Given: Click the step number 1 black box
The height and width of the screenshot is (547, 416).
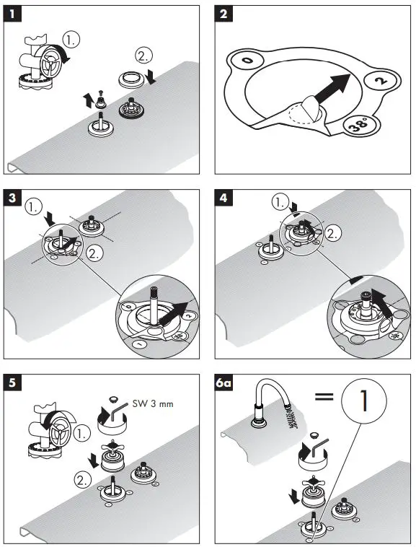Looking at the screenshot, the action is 12,14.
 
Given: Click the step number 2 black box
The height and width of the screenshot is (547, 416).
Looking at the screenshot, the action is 224,14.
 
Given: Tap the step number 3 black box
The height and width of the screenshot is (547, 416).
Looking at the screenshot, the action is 12,198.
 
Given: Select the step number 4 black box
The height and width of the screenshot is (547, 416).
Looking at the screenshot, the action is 224,198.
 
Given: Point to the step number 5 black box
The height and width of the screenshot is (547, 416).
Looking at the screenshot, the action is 12,382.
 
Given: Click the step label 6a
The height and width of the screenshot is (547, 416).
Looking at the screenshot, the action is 224,382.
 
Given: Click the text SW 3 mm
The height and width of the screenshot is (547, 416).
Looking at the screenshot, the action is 153,404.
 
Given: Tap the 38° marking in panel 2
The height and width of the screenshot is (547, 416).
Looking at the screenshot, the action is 360,125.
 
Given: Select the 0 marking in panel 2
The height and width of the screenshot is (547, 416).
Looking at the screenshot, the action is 247,61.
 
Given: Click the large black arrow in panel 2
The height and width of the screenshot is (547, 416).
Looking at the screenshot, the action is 331,87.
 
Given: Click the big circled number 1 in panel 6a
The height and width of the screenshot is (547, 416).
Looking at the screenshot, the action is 364,401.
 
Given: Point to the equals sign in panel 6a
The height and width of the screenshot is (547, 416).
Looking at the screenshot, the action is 324,396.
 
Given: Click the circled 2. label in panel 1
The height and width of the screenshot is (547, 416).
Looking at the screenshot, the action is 143,56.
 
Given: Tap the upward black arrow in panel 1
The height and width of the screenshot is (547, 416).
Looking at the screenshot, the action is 87,100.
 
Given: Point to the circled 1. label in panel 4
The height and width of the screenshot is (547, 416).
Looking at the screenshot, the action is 280,202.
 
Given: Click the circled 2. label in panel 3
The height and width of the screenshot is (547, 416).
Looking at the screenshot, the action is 94,253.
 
